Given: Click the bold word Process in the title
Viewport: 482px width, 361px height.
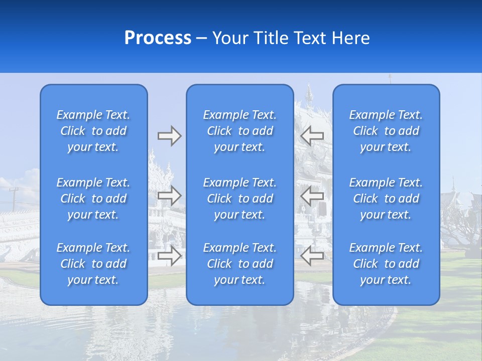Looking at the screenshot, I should [x=158, y=38].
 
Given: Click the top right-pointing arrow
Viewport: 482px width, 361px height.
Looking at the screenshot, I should [x=169, y=136].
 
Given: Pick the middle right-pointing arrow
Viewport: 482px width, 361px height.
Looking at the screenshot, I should [x=169, y=196].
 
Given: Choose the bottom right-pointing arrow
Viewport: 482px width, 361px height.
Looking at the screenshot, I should [x=169, y=255].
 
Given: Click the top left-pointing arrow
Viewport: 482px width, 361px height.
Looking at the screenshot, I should [x=312, y=136].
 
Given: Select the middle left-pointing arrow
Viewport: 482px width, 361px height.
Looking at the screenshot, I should [x=312, y=196].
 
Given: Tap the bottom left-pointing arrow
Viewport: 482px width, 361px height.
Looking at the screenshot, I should [x=312, y=255].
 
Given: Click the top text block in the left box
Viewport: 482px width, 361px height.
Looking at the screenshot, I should [x=93, y=131].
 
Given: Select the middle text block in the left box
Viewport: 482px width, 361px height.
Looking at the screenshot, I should [x=93, y=199].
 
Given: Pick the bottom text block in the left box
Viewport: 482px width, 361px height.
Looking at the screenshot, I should [x=93, y=264].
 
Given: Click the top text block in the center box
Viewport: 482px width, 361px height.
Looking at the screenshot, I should [x=239, y=131].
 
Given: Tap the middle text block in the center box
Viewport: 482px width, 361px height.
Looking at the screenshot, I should [x=239, y=199].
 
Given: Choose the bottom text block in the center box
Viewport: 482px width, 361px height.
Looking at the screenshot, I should [x=239, y=264].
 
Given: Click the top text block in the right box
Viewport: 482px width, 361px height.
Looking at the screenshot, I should [x=386, y=131].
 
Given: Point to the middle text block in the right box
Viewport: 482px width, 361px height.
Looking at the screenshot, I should [x=386, y=199].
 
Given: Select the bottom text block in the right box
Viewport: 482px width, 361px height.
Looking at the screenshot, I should [x=386, y=264].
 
